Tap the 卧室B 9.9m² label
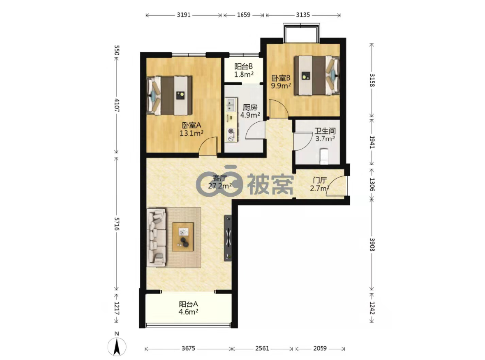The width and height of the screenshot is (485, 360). coord(281,82)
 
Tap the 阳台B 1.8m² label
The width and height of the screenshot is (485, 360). coord(244,71)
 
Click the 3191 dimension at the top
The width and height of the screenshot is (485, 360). coord(184,15)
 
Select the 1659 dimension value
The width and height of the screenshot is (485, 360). coord(244,15)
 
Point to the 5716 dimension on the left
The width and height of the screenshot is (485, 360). coord(117,223)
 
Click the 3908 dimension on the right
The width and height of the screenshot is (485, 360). coord(372,245)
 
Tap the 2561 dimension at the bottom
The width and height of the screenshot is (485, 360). coord(262,349)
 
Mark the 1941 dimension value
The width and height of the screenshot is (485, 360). coord(372,142)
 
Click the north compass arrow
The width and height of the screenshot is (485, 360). coord(117,347)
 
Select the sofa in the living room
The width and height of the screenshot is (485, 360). coord(157,237)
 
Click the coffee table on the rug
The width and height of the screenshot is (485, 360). coord(183,237)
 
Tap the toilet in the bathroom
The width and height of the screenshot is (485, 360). coord(323,156)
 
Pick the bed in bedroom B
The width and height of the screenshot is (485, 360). coord(316,76)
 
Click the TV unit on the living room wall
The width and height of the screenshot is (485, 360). coord(228,238)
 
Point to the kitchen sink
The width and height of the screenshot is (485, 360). coord(231,105)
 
